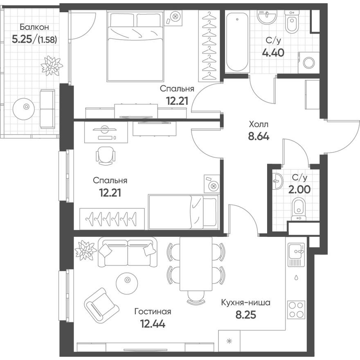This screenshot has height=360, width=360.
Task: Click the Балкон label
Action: click(35, 27)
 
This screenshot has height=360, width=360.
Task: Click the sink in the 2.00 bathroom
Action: click(278, 180)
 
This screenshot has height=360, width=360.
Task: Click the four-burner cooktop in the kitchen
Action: click(296, 310)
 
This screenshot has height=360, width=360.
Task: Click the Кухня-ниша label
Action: click(245, 303)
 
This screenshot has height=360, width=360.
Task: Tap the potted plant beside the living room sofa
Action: click(85, 249)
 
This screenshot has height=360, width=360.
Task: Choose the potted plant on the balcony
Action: click(52, 65)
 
